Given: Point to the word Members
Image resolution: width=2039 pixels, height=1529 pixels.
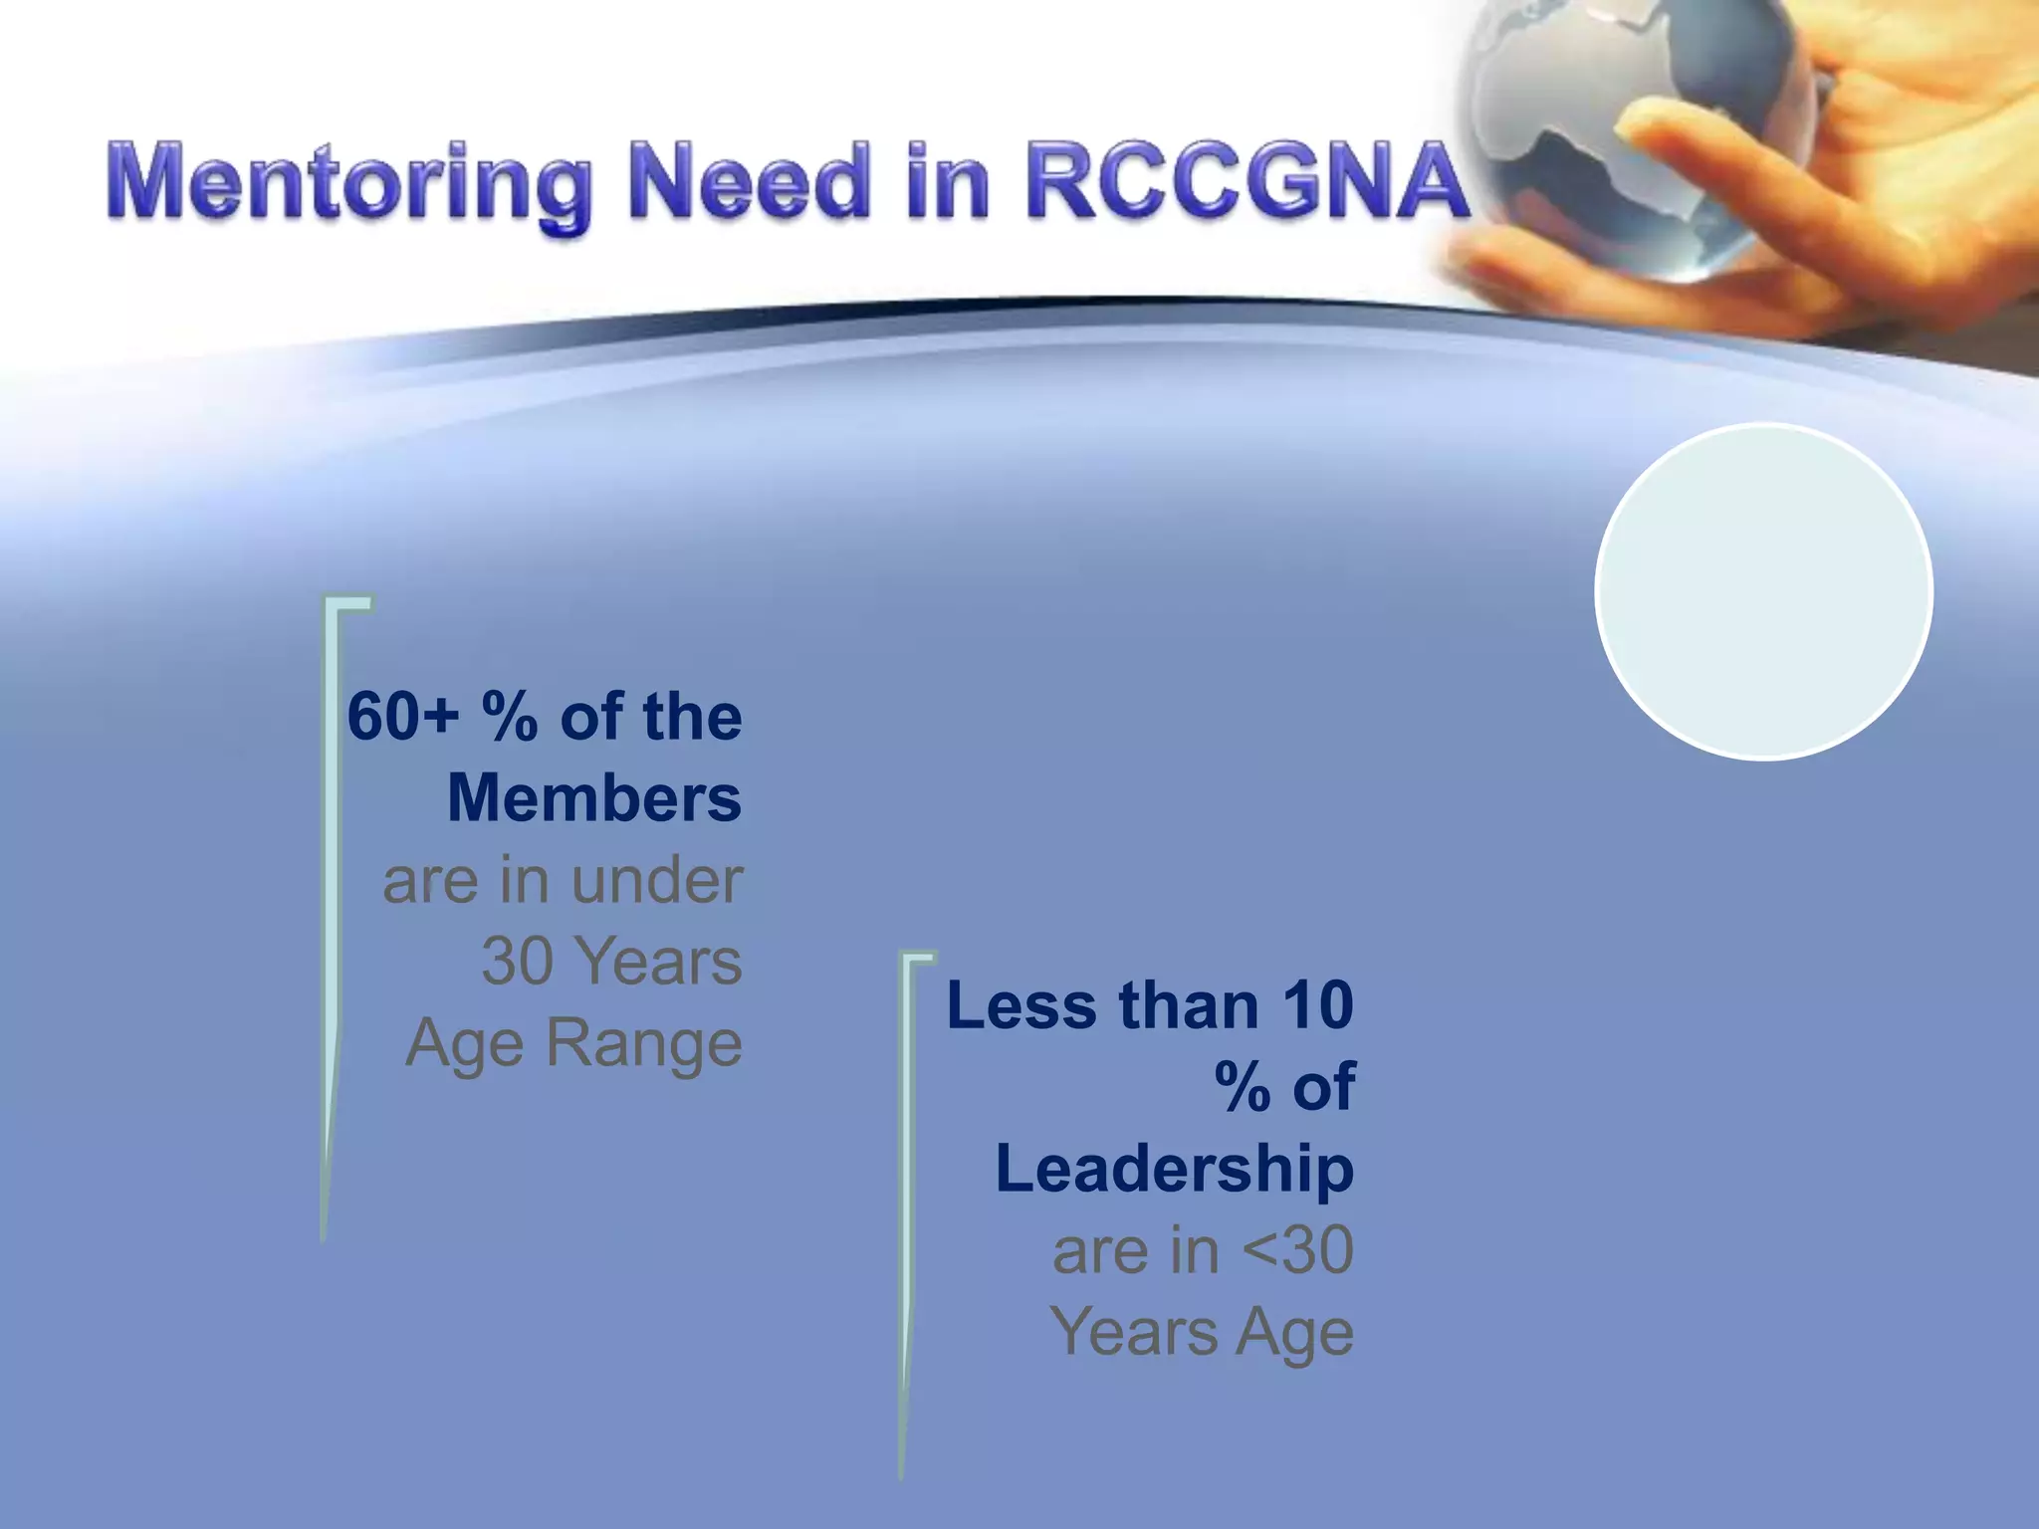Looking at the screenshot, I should tap(594, 798).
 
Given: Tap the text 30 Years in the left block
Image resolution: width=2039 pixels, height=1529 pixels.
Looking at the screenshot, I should tap(611, 962).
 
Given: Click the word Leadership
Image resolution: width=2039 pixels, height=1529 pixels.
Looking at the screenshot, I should tap(1174, 1169).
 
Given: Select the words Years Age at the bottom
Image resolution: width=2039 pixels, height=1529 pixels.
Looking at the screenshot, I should tap(1202, 1332).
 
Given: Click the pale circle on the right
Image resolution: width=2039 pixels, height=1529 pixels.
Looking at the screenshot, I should tap(1763, 591).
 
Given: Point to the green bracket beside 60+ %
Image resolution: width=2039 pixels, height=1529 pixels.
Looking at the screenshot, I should tap(330, 896).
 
